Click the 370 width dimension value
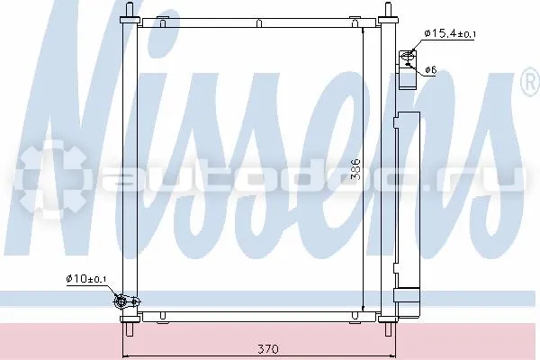268,349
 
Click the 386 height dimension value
355,169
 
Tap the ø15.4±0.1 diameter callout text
450,33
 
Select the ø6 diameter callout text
431,70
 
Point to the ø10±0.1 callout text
86,278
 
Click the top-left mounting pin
130,10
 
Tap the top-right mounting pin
388,10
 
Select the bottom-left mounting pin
130,329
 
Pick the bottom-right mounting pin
388,329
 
